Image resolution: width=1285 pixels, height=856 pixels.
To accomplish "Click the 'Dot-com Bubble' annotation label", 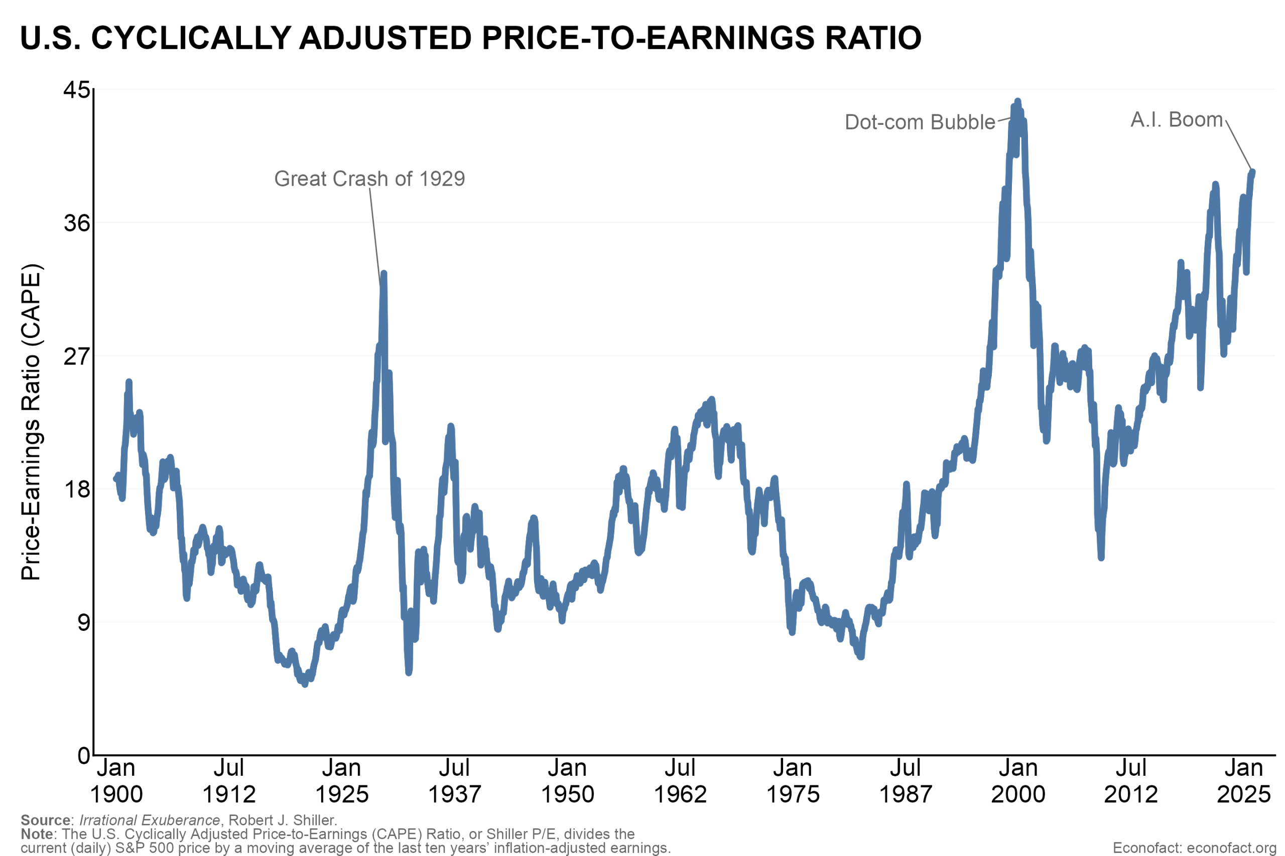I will click(x=920, y=122).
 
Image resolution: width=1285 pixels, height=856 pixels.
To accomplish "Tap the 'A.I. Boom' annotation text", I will click(x=1176, y=119).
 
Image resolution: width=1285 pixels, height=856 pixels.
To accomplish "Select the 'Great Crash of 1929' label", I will click(x=369, y=179).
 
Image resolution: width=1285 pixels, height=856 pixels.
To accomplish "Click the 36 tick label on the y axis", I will click(x=76, y=223).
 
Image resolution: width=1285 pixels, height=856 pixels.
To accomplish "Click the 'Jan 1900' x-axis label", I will click(x=116, y=781).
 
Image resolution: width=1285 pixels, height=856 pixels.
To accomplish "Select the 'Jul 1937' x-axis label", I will click(x=454, y=781).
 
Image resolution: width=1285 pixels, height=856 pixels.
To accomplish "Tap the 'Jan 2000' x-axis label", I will click(x=1018, y=781).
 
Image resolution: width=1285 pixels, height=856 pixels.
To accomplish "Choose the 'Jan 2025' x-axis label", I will click(x=1243, y=781).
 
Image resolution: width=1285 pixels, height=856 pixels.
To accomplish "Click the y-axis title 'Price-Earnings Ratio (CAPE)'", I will click(x=31, y=422).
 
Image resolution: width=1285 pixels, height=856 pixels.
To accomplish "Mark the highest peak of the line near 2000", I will click(x=1017, y=101).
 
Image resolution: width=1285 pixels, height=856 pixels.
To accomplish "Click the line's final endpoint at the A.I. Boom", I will click(x=1253, y=172).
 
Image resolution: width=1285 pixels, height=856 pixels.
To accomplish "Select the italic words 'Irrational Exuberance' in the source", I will click(x=149, y=820).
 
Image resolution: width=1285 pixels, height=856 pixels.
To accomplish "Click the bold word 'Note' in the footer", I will click(x=37, y=834).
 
